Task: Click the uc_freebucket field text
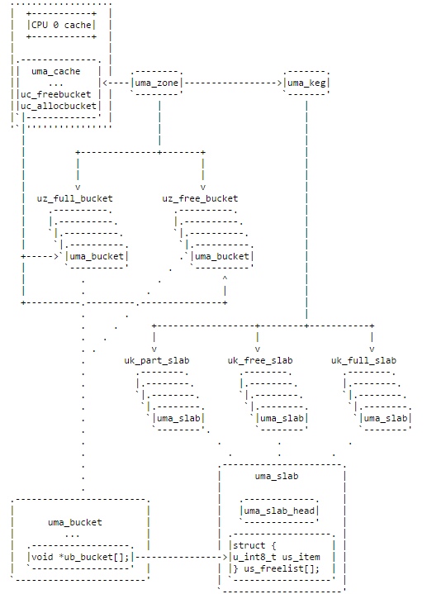tap(55, 94)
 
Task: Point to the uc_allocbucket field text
tap(59, 106)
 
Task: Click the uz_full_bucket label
tap(74, 198)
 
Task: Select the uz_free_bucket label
tap(200, 198)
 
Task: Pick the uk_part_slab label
tap(157, 360)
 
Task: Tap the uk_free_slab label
tap(260, 360)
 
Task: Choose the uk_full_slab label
tap(363, 360)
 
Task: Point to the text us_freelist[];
tap(282, 568)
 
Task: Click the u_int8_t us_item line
tap(277, 557)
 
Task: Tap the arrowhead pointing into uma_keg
tap(279, 83)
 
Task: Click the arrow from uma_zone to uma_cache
tap(116, 83)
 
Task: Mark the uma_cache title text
tap(55, 71)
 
